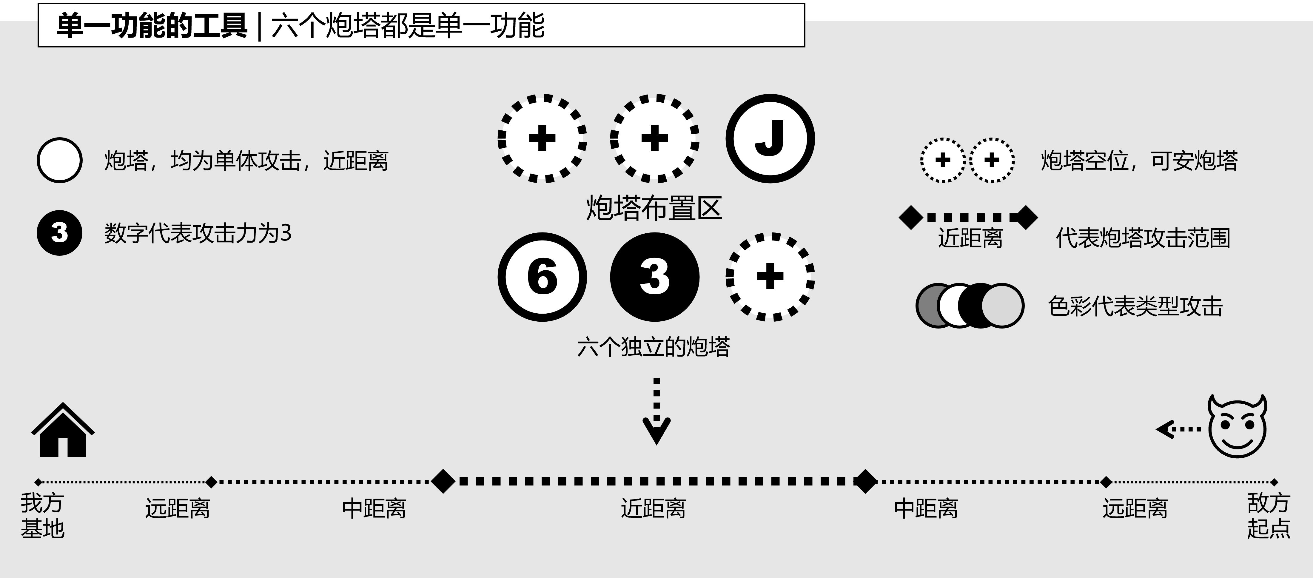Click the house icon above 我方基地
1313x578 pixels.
63,431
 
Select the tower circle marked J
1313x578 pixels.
770,139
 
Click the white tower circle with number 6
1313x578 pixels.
542,277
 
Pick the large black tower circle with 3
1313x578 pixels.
654,277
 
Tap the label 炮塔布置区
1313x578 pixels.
654,208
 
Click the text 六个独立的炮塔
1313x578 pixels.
654,347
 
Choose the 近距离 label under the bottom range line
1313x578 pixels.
653,508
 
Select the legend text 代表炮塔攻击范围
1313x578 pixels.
1143,238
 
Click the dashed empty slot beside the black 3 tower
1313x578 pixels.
770,277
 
